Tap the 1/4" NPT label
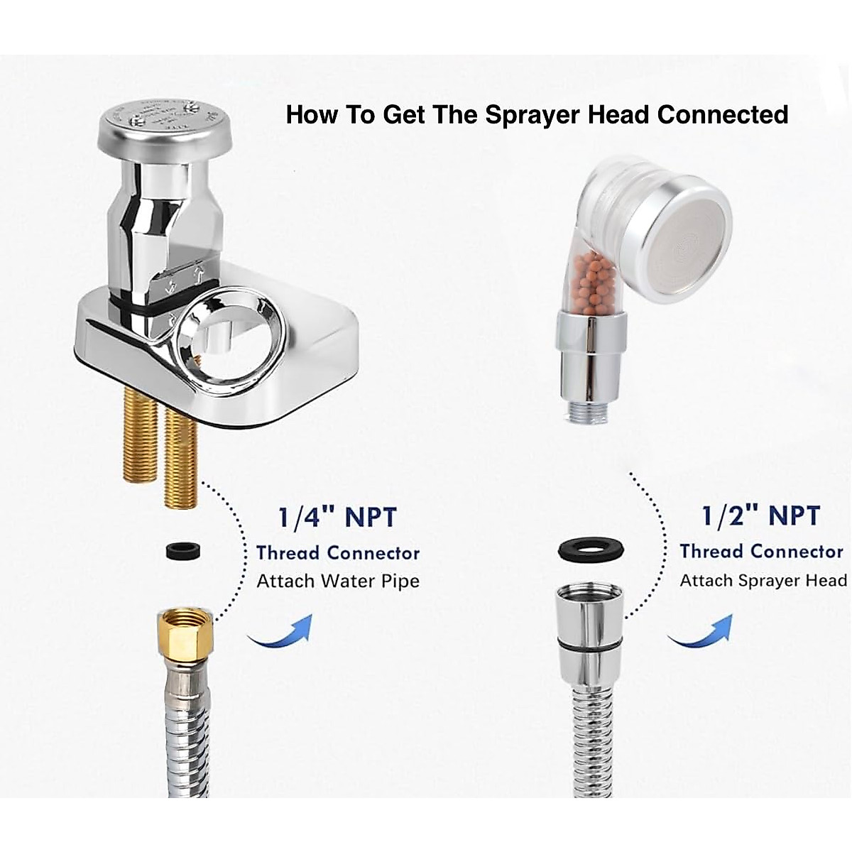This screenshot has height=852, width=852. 337,518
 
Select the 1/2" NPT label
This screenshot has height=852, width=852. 760,516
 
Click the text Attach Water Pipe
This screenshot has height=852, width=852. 338,581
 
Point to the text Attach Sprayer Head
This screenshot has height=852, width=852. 763,580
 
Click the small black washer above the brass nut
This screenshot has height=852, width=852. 183,550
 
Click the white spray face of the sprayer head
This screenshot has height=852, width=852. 691,239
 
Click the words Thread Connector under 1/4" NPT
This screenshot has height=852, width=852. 338,552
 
